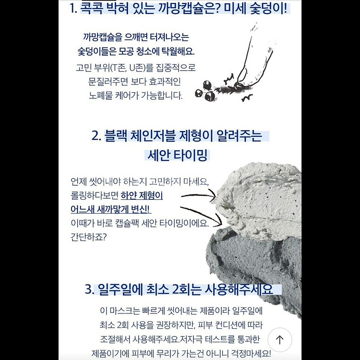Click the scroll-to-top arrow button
point(280,340)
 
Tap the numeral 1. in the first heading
point(73,9)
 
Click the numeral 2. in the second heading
point(96,136)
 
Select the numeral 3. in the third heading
point(90,289)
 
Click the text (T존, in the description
point(118,68)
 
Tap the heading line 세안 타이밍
point(177,156)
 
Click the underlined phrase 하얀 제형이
point(142,196)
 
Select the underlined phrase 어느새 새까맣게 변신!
point(111,209)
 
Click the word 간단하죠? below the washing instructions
point(89,237)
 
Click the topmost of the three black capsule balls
point(207,85)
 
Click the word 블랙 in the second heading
point(116,136)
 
